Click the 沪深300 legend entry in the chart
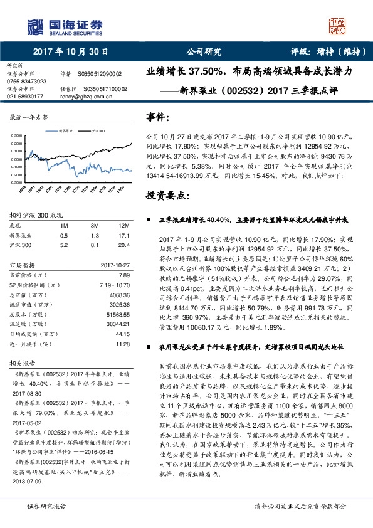click(x=98, y=132)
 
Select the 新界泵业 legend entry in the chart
click(x=65, y=132)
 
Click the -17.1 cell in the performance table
click(x=122, y=235)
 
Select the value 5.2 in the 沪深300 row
click(x=63, y=245)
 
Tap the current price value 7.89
click(x=123, y=275)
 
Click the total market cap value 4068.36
click(x=119, y=295)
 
